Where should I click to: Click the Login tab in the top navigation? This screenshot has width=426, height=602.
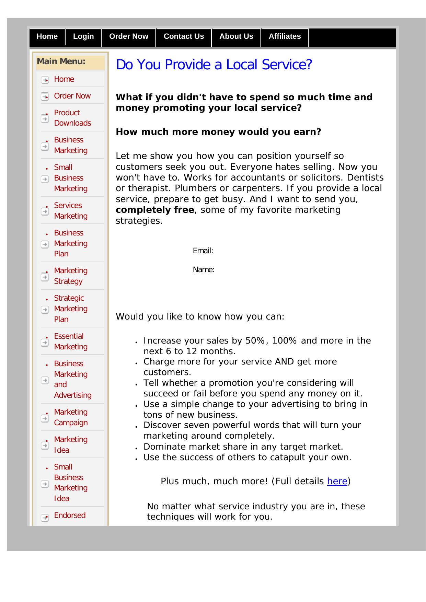[83, 37]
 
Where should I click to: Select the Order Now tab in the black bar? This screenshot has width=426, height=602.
[129, 37]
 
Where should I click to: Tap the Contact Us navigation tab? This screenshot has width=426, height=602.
[184, 37]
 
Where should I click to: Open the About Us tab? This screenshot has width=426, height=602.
[236, 37]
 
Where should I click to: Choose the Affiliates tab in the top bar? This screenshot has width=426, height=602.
[285, 37]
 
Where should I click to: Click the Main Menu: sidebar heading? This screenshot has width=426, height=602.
[61, 62]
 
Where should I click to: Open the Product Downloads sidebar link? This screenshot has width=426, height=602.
[72, 118]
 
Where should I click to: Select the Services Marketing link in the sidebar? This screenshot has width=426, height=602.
[71, 210]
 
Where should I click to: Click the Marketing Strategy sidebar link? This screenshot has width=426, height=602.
[71, 276]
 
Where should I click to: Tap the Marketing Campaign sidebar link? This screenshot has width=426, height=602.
[71, 417]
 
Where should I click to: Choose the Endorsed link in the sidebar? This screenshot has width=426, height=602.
[70, 515]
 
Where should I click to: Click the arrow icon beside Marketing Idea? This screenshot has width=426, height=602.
[45, 445]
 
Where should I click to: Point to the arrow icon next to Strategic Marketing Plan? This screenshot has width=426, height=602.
[45, 310]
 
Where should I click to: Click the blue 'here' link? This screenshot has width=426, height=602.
[337, 481]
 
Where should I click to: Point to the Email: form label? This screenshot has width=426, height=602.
[203, 251]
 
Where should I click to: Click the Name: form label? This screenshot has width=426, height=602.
[204, 270]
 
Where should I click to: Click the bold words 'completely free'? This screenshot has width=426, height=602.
[155, 210]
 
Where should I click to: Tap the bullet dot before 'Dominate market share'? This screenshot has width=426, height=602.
[136, 448]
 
